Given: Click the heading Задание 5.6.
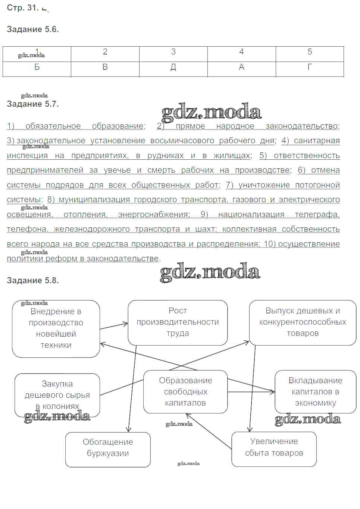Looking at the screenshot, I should click(33, 29).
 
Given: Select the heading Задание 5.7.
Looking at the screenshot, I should click(33, 104).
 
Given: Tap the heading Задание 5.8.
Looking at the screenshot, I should click(33, 281).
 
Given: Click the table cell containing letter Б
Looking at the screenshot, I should click(37, 68).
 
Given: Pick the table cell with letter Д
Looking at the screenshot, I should click(173, 68).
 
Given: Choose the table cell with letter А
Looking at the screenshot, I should click(241, 68).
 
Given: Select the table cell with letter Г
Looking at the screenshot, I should click(309, 68).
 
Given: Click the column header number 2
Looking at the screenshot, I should click(105, 52).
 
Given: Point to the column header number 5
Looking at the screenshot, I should click(309, 52).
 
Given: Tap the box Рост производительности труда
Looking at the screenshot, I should click(178, 322).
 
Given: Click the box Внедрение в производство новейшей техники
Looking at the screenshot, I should click(56, 328).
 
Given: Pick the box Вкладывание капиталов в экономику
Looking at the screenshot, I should click(315, 392).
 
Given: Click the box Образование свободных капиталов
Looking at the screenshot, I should click(185, 392).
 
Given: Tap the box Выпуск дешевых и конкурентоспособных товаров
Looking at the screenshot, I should click(303, 322).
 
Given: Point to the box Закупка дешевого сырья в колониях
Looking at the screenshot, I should click(57, 395).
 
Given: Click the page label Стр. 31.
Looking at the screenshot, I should click(22, 7).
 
